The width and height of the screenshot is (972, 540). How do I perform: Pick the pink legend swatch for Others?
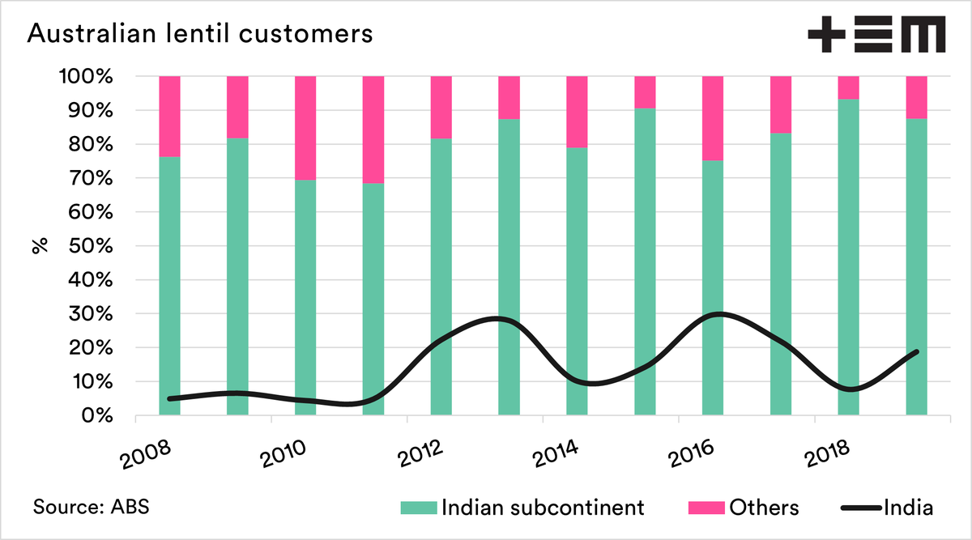(x=705, y=508)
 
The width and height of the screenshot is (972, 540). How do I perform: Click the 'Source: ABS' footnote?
(x=91, y=508)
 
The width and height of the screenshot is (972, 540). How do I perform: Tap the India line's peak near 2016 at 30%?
(x=719, y=314)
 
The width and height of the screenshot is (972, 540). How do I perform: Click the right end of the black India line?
(x=916, y=351)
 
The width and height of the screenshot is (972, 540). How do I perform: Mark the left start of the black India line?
(x=169, y=398)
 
